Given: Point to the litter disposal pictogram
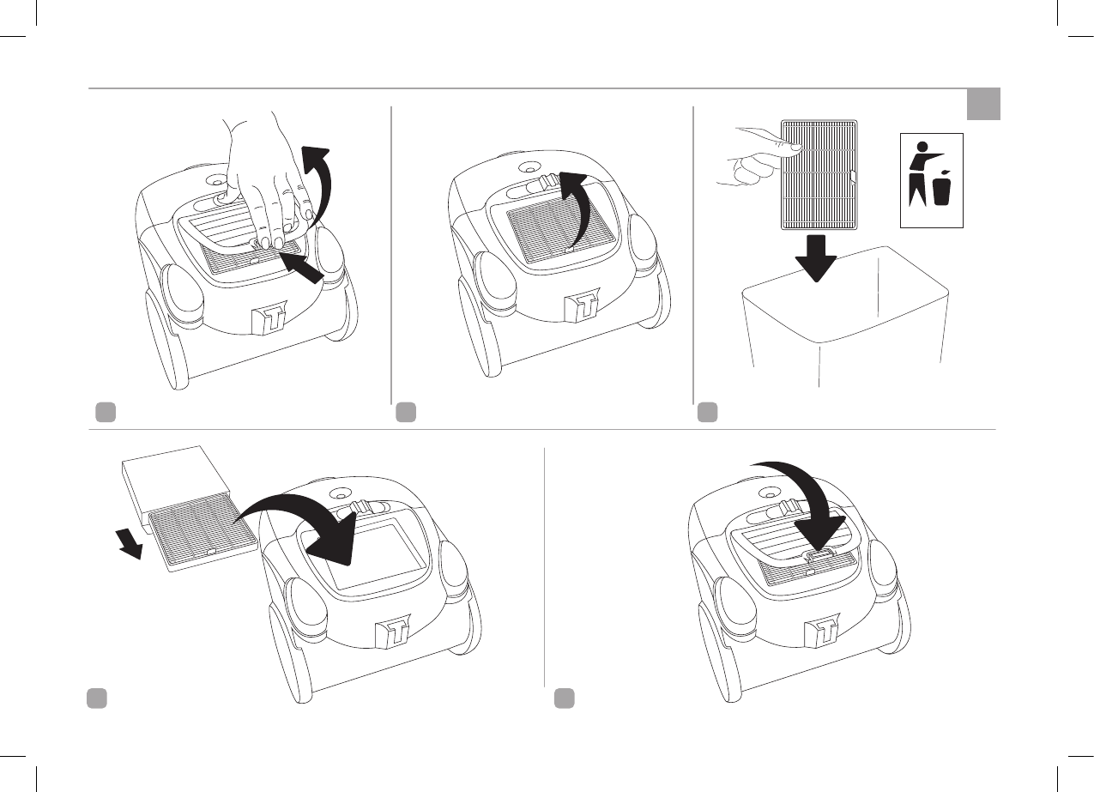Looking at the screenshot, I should click(931, 180).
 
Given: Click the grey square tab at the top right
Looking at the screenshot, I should click(983, 104).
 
